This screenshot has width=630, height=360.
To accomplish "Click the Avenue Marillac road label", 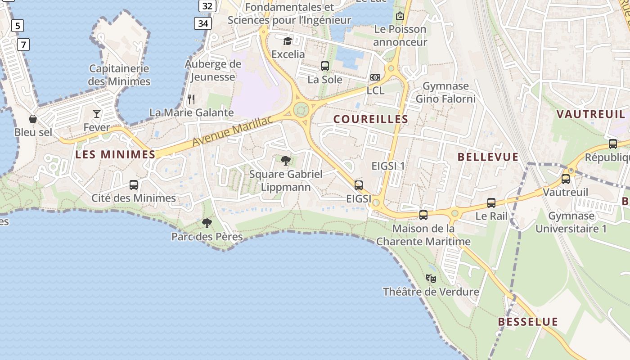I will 233,131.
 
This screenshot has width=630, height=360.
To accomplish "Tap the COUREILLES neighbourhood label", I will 370,119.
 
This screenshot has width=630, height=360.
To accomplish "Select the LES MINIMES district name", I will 115,154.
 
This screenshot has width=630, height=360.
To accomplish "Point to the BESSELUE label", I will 528,322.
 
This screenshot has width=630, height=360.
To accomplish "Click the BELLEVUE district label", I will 488,157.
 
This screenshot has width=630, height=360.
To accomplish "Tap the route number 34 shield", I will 203,23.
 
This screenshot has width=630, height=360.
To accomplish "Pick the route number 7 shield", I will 23,45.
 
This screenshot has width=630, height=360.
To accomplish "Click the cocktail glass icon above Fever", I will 97,113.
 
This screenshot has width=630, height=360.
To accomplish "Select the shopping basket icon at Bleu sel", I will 33,119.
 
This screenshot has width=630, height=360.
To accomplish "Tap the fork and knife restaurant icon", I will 192,99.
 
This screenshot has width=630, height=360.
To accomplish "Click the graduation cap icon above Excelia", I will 288,41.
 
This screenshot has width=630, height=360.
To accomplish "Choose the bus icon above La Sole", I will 325,66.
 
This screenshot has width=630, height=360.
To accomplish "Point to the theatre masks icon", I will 431,279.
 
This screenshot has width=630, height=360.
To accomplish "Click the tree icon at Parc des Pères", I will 207,223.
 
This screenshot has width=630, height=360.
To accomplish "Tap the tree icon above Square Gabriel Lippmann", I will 286,160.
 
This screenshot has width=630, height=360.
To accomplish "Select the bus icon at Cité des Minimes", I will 134,184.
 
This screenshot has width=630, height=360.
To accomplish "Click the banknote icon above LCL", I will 375,77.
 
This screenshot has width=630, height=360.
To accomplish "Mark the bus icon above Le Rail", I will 491,203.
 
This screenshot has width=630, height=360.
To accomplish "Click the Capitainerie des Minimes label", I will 119,75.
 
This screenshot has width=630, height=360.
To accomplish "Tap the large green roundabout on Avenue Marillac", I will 301,109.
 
